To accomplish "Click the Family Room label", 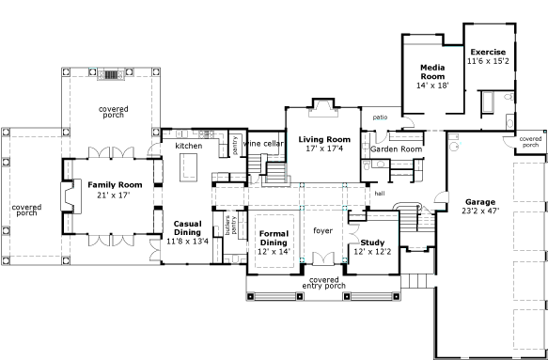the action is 115,185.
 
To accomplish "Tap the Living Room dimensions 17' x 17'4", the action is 323,149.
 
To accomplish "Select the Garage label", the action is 480,202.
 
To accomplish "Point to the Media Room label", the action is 432,72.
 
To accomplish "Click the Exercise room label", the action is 488,52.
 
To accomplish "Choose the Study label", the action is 372,243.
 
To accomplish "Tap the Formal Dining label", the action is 274,238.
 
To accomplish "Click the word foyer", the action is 322,230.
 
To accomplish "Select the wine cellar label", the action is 263,144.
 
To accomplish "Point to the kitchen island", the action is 188,167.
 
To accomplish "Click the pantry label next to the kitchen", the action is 234,146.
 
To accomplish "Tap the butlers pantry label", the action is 230,225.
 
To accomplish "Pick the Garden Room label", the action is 396,149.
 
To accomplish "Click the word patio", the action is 380,117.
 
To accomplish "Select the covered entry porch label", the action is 324,283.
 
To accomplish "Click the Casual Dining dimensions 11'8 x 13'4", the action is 187,242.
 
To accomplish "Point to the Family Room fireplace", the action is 70,196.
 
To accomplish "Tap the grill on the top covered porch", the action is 111,74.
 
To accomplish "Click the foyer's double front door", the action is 323,258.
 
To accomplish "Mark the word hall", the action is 380,194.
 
